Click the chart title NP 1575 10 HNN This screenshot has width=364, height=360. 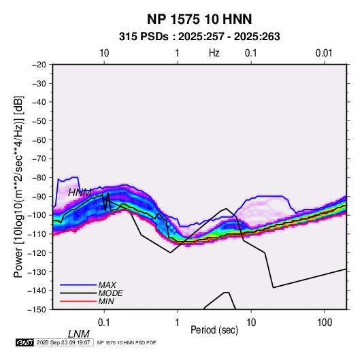(199, 19)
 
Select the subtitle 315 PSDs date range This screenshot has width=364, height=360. (199, 37)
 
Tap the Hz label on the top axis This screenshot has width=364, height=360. (214, 53)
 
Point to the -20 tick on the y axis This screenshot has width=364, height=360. (39, 65)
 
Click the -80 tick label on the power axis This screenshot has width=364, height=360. (39, 178)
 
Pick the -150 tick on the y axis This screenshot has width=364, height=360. (37, 310)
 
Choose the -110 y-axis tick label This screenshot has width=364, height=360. (37, 234)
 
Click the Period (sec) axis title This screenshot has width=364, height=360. (214, 330)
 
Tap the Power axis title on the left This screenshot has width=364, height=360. (18, 186)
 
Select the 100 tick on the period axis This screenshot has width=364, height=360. (325, 322)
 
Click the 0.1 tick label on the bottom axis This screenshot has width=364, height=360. (104, 322)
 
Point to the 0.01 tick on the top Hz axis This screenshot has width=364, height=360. (324, 53)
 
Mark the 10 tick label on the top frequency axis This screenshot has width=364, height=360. (104, 53)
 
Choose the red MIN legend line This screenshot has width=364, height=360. (78, 301)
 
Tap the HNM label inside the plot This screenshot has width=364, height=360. (80, 193)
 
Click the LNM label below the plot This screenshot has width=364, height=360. (79, 334)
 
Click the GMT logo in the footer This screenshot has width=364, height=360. (24, 342)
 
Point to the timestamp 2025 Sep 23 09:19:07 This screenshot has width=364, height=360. (63, 342)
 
